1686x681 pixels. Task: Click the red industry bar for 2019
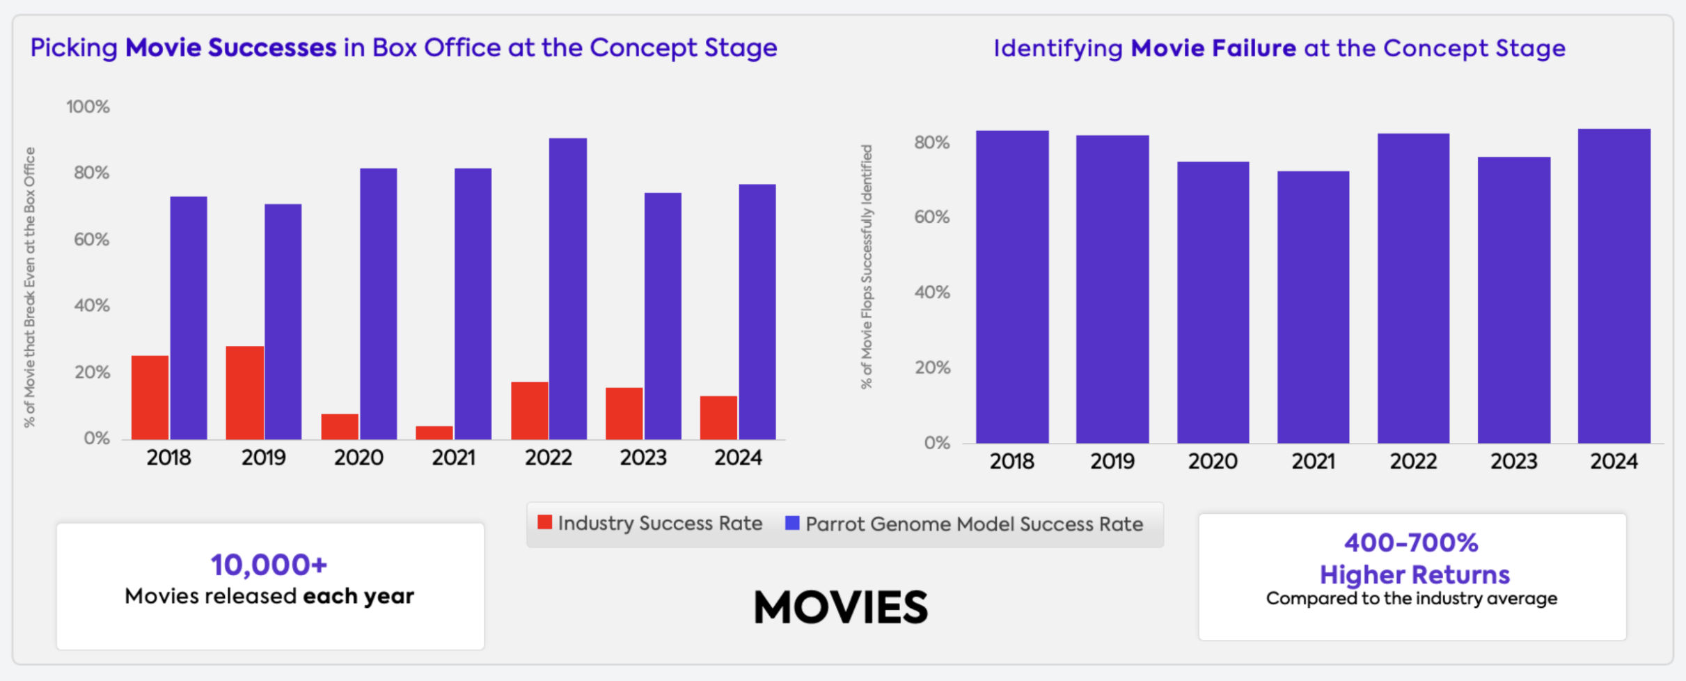click(244, 393)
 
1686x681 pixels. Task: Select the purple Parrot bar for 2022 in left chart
click(567, 288)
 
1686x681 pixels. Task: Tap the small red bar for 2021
click(434, 432)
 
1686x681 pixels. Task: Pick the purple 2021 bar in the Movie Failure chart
click(1313, 307)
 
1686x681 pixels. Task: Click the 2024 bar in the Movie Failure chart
click(1614, 285)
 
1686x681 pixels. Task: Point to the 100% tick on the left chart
click(88, 107)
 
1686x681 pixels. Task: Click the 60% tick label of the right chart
click(931, 217)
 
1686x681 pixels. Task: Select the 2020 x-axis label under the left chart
click(359, 458)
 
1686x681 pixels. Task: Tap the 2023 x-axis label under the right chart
click(1513, 462)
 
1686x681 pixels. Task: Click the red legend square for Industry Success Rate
click(544, 522)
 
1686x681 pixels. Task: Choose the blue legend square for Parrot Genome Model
click(792, 523)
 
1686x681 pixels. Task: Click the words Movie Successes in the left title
click(230, 48)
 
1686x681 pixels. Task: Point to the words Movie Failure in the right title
click(1213, 49)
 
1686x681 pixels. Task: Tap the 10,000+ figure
click(269, 565)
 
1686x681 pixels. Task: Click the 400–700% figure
click(1411, 542)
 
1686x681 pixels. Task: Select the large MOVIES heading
click(840, 606)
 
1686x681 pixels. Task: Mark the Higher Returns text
click(1415, 574)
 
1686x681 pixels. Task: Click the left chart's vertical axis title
click(30, 287)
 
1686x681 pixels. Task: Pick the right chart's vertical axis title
click(867, 267)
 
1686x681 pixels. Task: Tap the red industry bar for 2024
click(718, 418)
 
